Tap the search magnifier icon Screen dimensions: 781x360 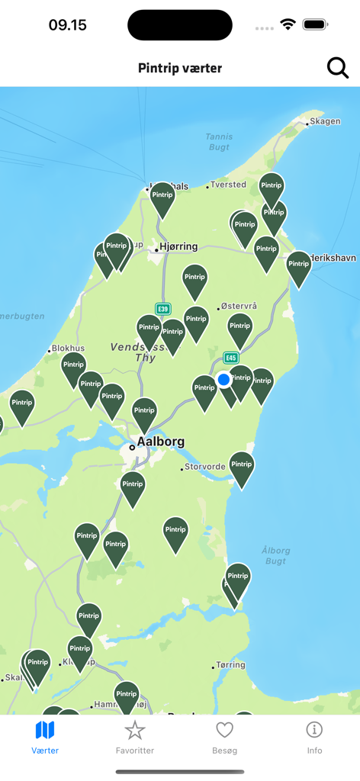(338, 68)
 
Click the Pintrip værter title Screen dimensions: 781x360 (180, 68)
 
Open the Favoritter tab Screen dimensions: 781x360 (135, 738)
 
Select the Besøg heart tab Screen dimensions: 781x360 (224, 738)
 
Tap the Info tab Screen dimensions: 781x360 (314, 738)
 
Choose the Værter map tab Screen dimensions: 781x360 (45, 738)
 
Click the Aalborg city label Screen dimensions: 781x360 (160, 442)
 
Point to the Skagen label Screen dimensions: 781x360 (326, 121)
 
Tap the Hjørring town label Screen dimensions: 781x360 (178, 246)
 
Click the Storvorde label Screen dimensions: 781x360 (205, 467)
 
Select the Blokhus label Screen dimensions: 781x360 (67, 349)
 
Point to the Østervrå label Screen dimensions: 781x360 (239, 306)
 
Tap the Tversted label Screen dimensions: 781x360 (229, 184)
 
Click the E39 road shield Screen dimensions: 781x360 (162, 309)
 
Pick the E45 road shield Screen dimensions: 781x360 (231, 358)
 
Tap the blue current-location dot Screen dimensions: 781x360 (223, 379)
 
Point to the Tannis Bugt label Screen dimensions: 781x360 (219, 141)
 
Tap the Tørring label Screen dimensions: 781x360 (230, 665)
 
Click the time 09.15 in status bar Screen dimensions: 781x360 (68, 25)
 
